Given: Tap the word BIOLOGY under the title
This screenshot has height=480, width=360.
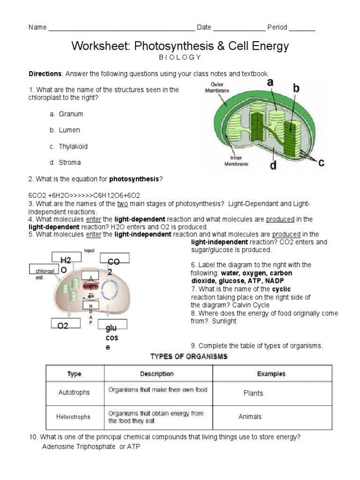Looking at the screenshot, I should (x=180, y=57).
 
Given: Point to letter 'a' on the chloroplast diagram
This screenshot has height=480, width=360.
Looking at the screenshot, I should (x=270, y=82).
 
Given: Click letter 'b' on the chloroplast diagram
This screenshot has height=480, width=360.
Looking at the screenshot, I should (x=296, y=87).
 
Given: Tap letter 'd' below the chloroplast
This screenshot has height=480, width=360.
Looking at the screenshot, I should (x=273, y=165).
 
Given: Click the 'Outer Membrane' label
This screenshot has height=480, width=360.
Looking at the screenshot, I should (x=217, y=88).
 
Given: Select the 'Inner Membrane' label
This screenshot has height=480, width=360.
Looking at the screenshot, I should (x=233, y=161).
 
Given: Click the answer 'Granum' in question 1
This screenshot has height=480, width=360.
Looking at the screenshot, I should (x=71, y=114).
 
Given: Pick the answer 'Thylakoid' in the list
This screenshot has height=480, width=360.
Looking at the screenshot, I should (x=73, y=146).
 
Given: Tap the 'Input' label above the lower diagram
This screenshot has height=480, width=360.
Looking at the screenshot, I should (x=89, y=251).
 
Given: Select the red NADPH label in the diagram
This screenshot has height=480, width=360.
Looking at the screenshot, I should (x=90, y=285).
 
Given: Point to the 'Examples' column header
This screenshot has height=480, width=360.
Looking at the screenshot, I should (x=271, y=374).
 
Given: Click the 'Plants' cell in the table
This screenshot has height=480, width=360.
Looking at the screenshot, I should (x=253, y=393).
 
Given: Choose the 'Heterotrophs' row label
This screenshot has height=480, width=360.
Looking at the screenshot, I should (x=74, y=416).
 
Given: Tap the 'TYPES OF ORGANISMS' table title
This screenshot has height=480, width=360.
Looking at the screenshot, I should (x=188, y=357).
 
